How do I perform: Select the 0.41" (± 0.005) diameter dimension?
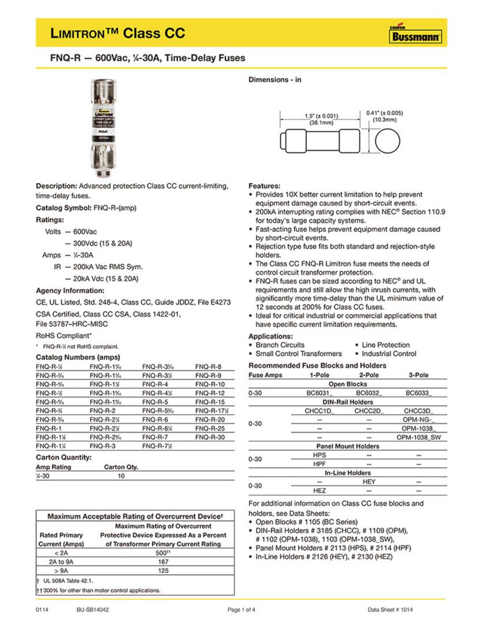[x=385, y=116]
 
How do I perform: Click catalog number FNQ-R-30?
[x=210, y=437]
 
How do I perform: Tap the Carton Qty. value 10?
[x=121, y=476]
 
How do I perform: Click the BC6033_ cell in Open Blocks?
[x=418, y=393]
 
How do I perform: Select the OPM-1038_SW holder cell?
[x=418, y=437]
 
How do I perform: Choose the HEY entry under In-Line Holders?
[x=369, y=481]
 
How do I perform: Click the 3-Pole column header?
[x=418, y=375]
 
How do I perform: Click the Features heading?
[x=264, y=186]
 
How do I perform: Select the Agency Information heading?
[x=70, y=290]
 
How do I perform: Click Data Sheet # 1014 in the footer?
[x=390, y=610]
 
